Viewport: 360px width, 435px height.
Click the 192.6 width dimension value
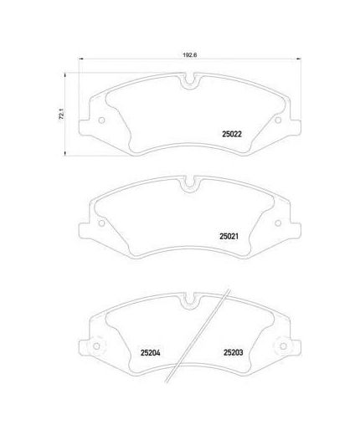click(190, 55)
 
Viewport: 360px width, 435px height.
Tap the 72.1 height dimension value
click(61, 114)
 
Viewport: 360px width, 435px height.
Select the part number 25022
click(232, 134)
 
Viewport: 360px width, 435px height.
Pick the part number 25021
click(229, 237)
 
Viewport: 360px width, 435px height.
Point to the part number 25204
click(151, 353)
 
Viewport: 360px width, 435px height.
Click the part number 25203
click(234, 352)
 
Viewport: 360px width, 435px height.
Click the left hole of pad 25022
click(102, 120)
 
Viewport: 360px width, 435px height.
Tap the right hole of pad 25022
click(278, 120)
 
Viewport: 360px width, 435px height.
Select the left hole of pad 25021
click(102, 223)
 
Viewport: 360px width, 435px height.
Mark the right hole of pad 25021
click(278, 223)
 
